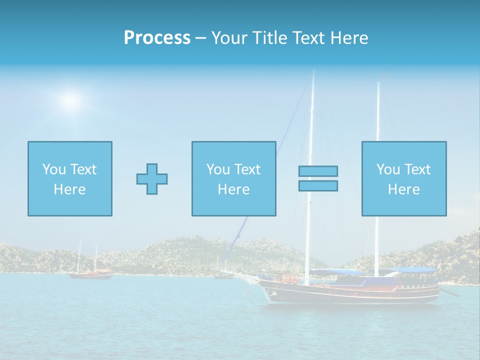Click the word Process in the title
click(157, 38)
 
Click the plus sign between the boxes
click(152, 179)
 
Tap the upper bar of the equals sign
click(318, 171)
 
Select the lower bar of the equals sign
click(318, 186)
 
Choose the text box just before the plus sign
click(69, 178)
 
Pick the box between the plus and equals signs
click(233, 178)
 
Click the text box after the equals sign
click(403, 178)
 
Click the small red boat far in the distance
click(90, 273)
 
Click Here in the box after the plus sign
click(233, 189)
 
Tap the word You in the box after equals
click(388, 169)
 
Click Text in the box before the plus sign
click(83, 169)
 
